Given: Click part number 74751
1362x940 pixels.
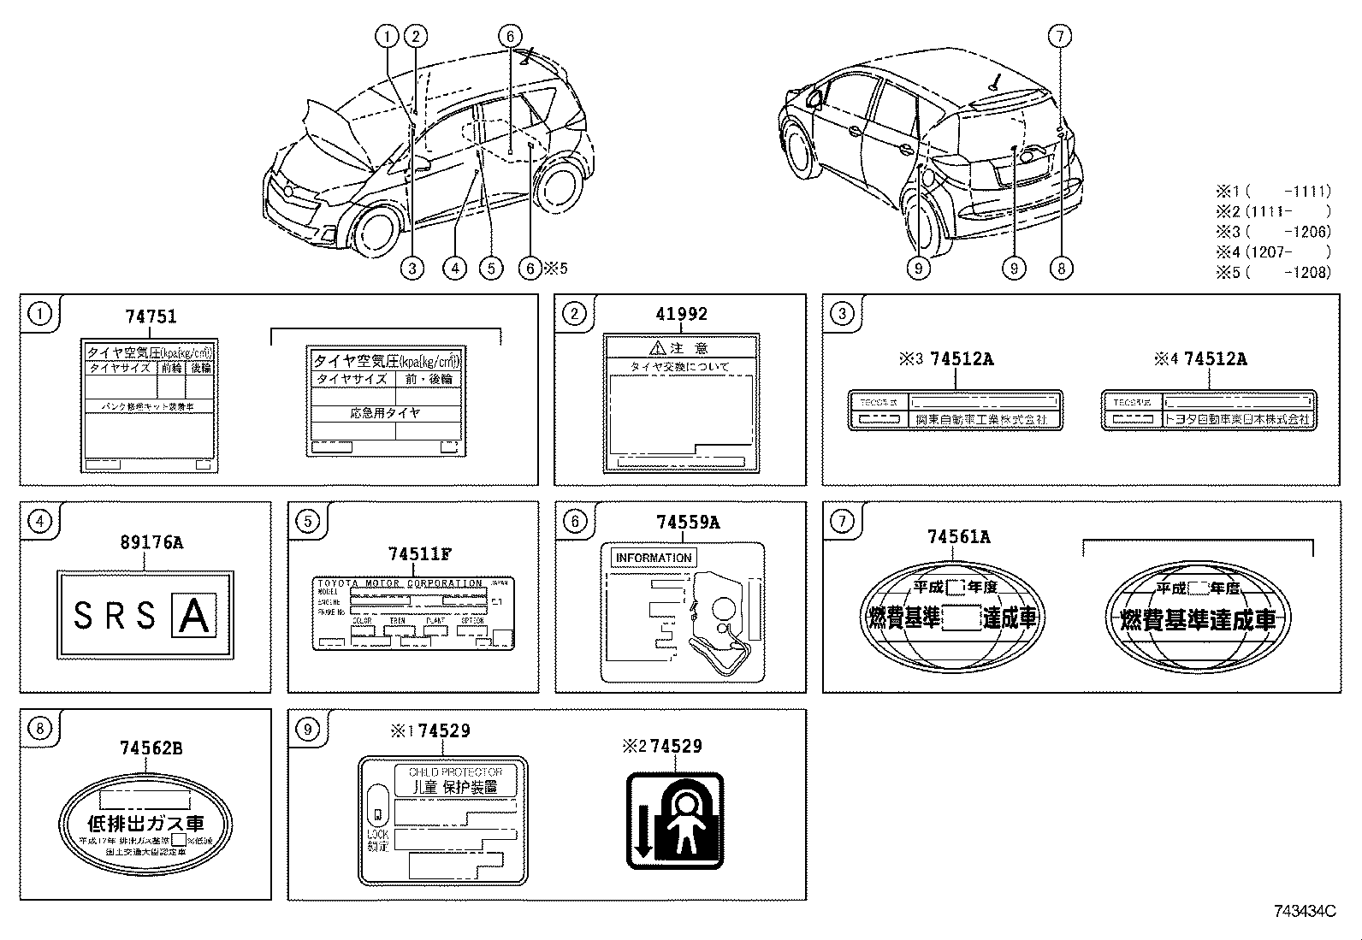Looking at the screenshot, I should pyautogui.click(x=151, y=316).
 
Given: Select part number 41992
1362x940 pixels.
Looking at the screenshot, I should pyautogui.click(x=682, y=314).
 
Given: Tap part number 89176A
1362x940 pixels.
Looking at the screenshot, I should pyautogui.click(x=151, y=542).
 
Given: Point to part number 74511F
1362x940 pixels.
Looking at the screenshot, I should pyautogui.click(x=419, y=554).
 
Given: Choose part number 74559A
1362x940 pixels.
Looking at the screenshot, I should pyautogui.click(x=688, y=523).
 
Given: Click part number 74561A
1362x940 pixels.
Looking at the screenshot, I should pyautogui.click(x=959, y=537).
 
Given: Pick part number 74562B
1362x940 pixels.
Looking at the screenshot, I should pyautogui.click(x=151, y=748).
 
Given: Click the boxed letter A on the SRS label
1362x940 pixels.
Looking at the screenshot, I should pyautogui.click(x=194, y=616).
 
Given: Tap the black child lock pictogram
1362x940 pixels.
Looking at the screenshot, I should pyautogui.click(x=676, y=821).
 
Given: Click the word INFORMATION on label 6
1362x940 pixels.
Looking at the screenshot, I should pyautogui.click(x=654, y=558).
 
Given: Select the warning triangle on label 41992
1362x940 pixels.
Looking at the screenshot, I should pyautogui.click(x=657, y=348).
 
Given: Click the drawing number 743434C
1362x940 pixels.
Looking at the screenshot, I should pyautogui.click(x=1304, y=912).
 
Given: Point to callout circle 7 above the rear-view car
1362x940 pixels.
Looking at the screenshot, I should pyautogui.click(x=1060, y=36).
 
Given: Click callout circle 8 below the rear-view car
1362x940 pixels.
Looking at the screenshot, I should pyautogui.click(x=1061, y=269).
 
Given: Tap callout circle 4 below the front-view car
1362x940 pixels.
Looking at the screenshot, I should pyautogui.click(x=454, y=269).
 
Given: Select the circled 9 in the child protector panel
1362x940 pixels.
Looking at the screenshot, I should pyautogui.click(x=307, y=729).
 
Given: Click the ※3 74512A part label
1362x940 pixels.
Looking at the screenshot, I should pyautogui.click(x=946, y=359).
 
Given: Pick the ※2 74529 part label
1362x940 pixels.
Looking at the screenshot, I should pyautogui.click(x=662, y=746).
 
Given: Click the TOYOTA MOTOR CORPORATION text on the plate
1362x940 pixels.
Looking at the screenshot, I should pyautogui.click(x=400, y=583).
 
